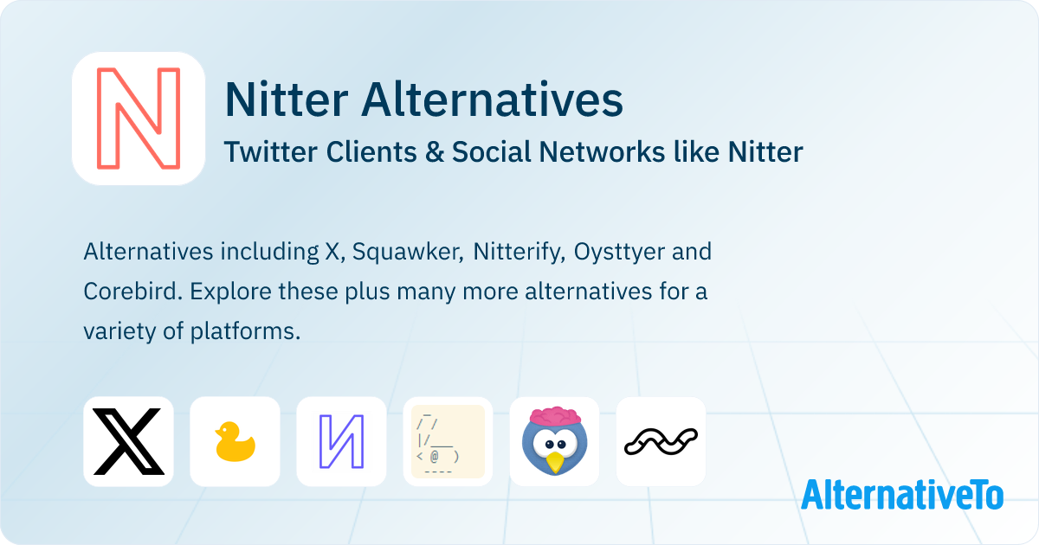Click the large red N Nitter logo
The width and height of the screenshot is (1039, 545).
coord(139,119)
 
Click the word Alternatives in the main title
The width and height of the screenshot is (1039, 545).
coord(492,100)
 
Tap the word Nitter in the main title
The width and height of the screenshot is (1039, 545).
coord(286,100)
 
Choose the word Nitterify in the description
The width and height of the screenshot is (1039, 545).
coord(517,252)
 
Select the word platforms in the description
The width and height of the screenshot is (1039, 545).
coord(245,331)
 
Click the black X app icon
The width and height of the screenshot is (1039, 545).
coord(128,441)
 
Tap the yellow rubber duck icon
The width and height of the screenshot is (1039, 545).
coord(235,441)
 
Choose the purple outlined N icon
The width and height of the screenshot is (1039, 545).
coord(341,441)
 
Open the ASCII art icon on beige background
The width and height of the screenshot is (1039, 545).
coord(448,441)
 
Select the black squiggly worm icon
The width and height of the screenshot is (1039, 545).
coord(661,440)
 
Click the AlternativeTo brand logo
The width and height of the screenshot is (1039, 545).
coord(902,494)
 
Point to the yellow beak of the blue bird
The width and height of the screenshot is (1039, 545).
coord(555,462)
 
